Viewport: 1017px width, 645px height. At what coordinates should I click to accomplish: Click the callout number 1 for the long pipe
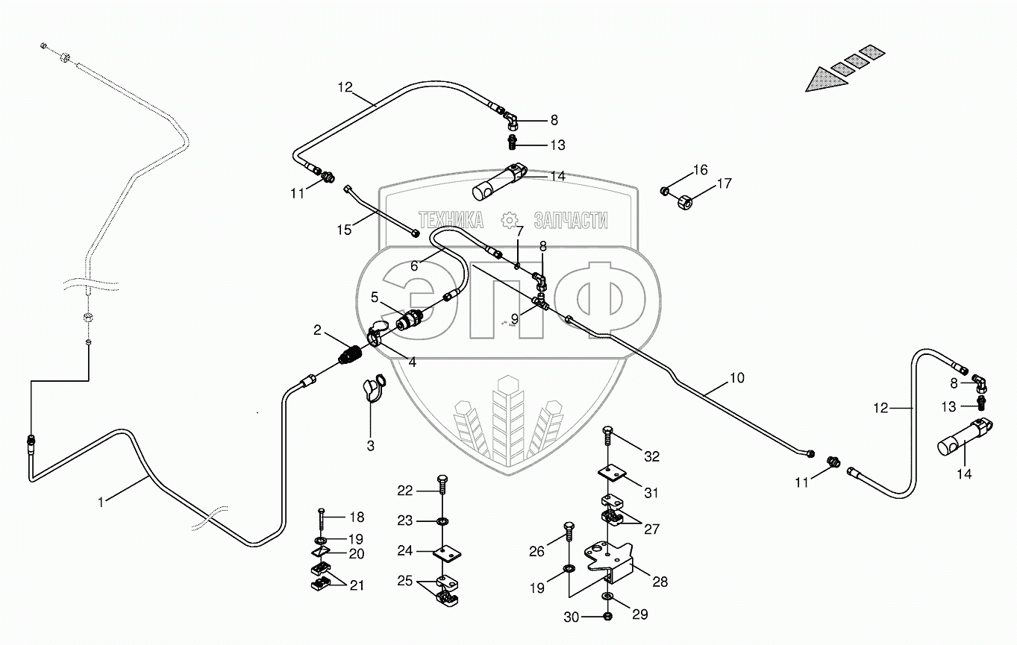point(101,503)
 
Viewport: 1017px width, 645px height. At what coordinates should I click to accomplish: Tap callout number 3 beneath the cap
point(370,446)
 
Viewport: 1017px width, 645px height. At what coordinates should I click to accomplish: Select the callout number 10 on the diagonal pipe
point(736,379)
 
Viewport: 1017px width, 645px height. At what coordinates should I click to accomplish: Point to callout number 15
point(344,230)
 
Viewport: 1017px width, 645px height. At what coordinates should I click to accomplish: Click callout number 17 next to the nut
point(725,183)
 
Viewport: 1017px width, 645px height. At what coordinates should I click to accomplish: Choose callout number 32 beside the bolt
point(652,456)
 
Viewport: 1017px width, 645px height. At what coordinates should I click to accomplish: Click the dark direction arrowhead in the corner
point(820,78)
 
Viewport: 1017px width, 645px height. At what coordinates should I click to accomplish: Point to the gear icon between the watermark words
point(510,220)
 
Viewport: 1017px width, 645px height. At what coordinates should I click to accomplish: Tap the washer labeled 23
point(443,520)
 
